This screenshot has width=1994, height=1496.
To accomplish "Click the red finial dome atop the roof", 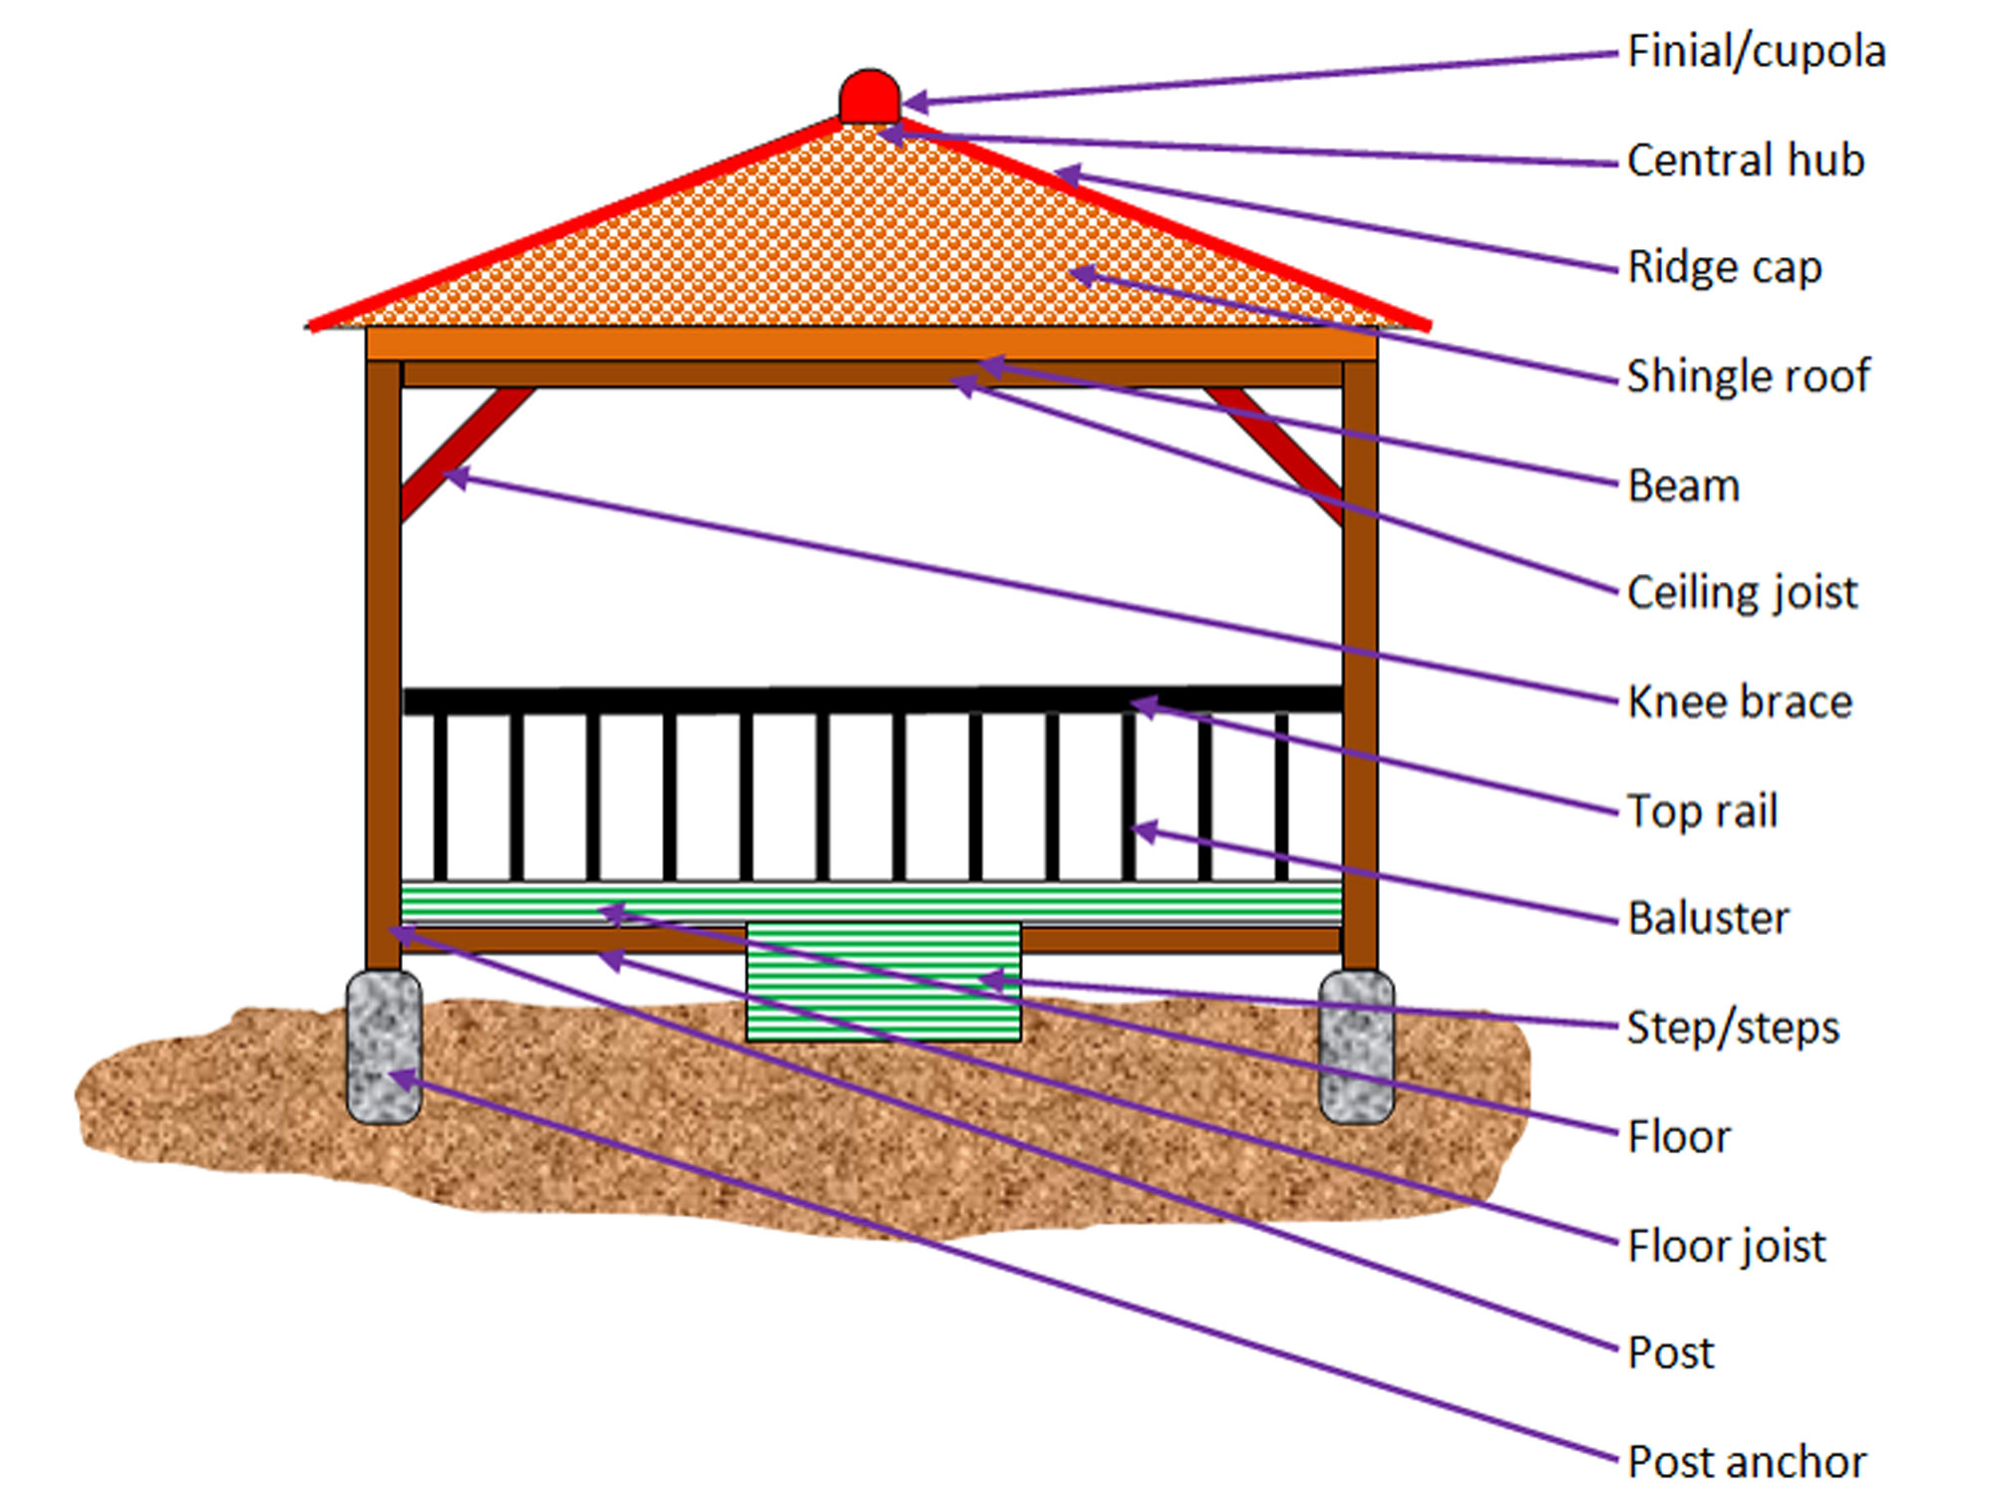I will click(869, 97).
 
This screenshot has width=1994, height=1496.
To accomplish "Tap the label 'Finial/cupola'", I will click(1756, 52).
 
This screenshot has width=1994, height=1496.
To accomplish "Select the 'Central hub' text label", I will click(1745, 160).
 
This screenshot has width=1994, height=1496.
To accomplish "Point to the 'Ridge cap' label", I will click(1724, 267).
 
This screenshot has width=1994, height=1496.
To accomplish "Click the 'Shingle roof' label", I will click(1748, 376).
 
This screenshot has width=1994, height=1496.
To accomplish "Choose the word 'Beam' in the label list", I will click(1683, 486).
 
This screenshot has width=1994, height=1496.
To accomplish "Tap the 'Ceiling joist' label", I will click(1742, 593).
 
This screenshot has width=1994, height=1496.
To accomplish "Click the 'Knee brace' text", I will click(1739, 702).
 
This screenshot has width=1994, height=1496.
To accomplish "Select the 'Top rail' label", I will click(1702, 810).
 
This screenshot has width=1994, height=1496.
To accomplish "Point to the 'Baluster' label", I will click(1708, 918).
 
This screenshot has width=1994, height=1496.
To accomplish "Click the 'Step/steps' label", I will click(1733, 1028).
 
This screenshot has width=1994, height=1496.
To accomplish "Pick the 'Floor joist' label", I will click(1726, 1246).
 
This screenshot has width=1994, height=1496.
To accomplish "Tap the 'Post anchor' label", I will click(1746, 1462).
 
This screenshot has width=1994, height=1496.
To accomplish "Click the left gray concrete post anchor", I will click(384, 1047).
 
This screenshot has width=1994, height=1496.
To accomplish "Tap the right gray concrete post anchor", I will click(1356, 1047).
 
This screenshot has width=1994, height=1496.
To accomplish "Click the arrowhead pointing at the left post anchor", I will click(400, 1078).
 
